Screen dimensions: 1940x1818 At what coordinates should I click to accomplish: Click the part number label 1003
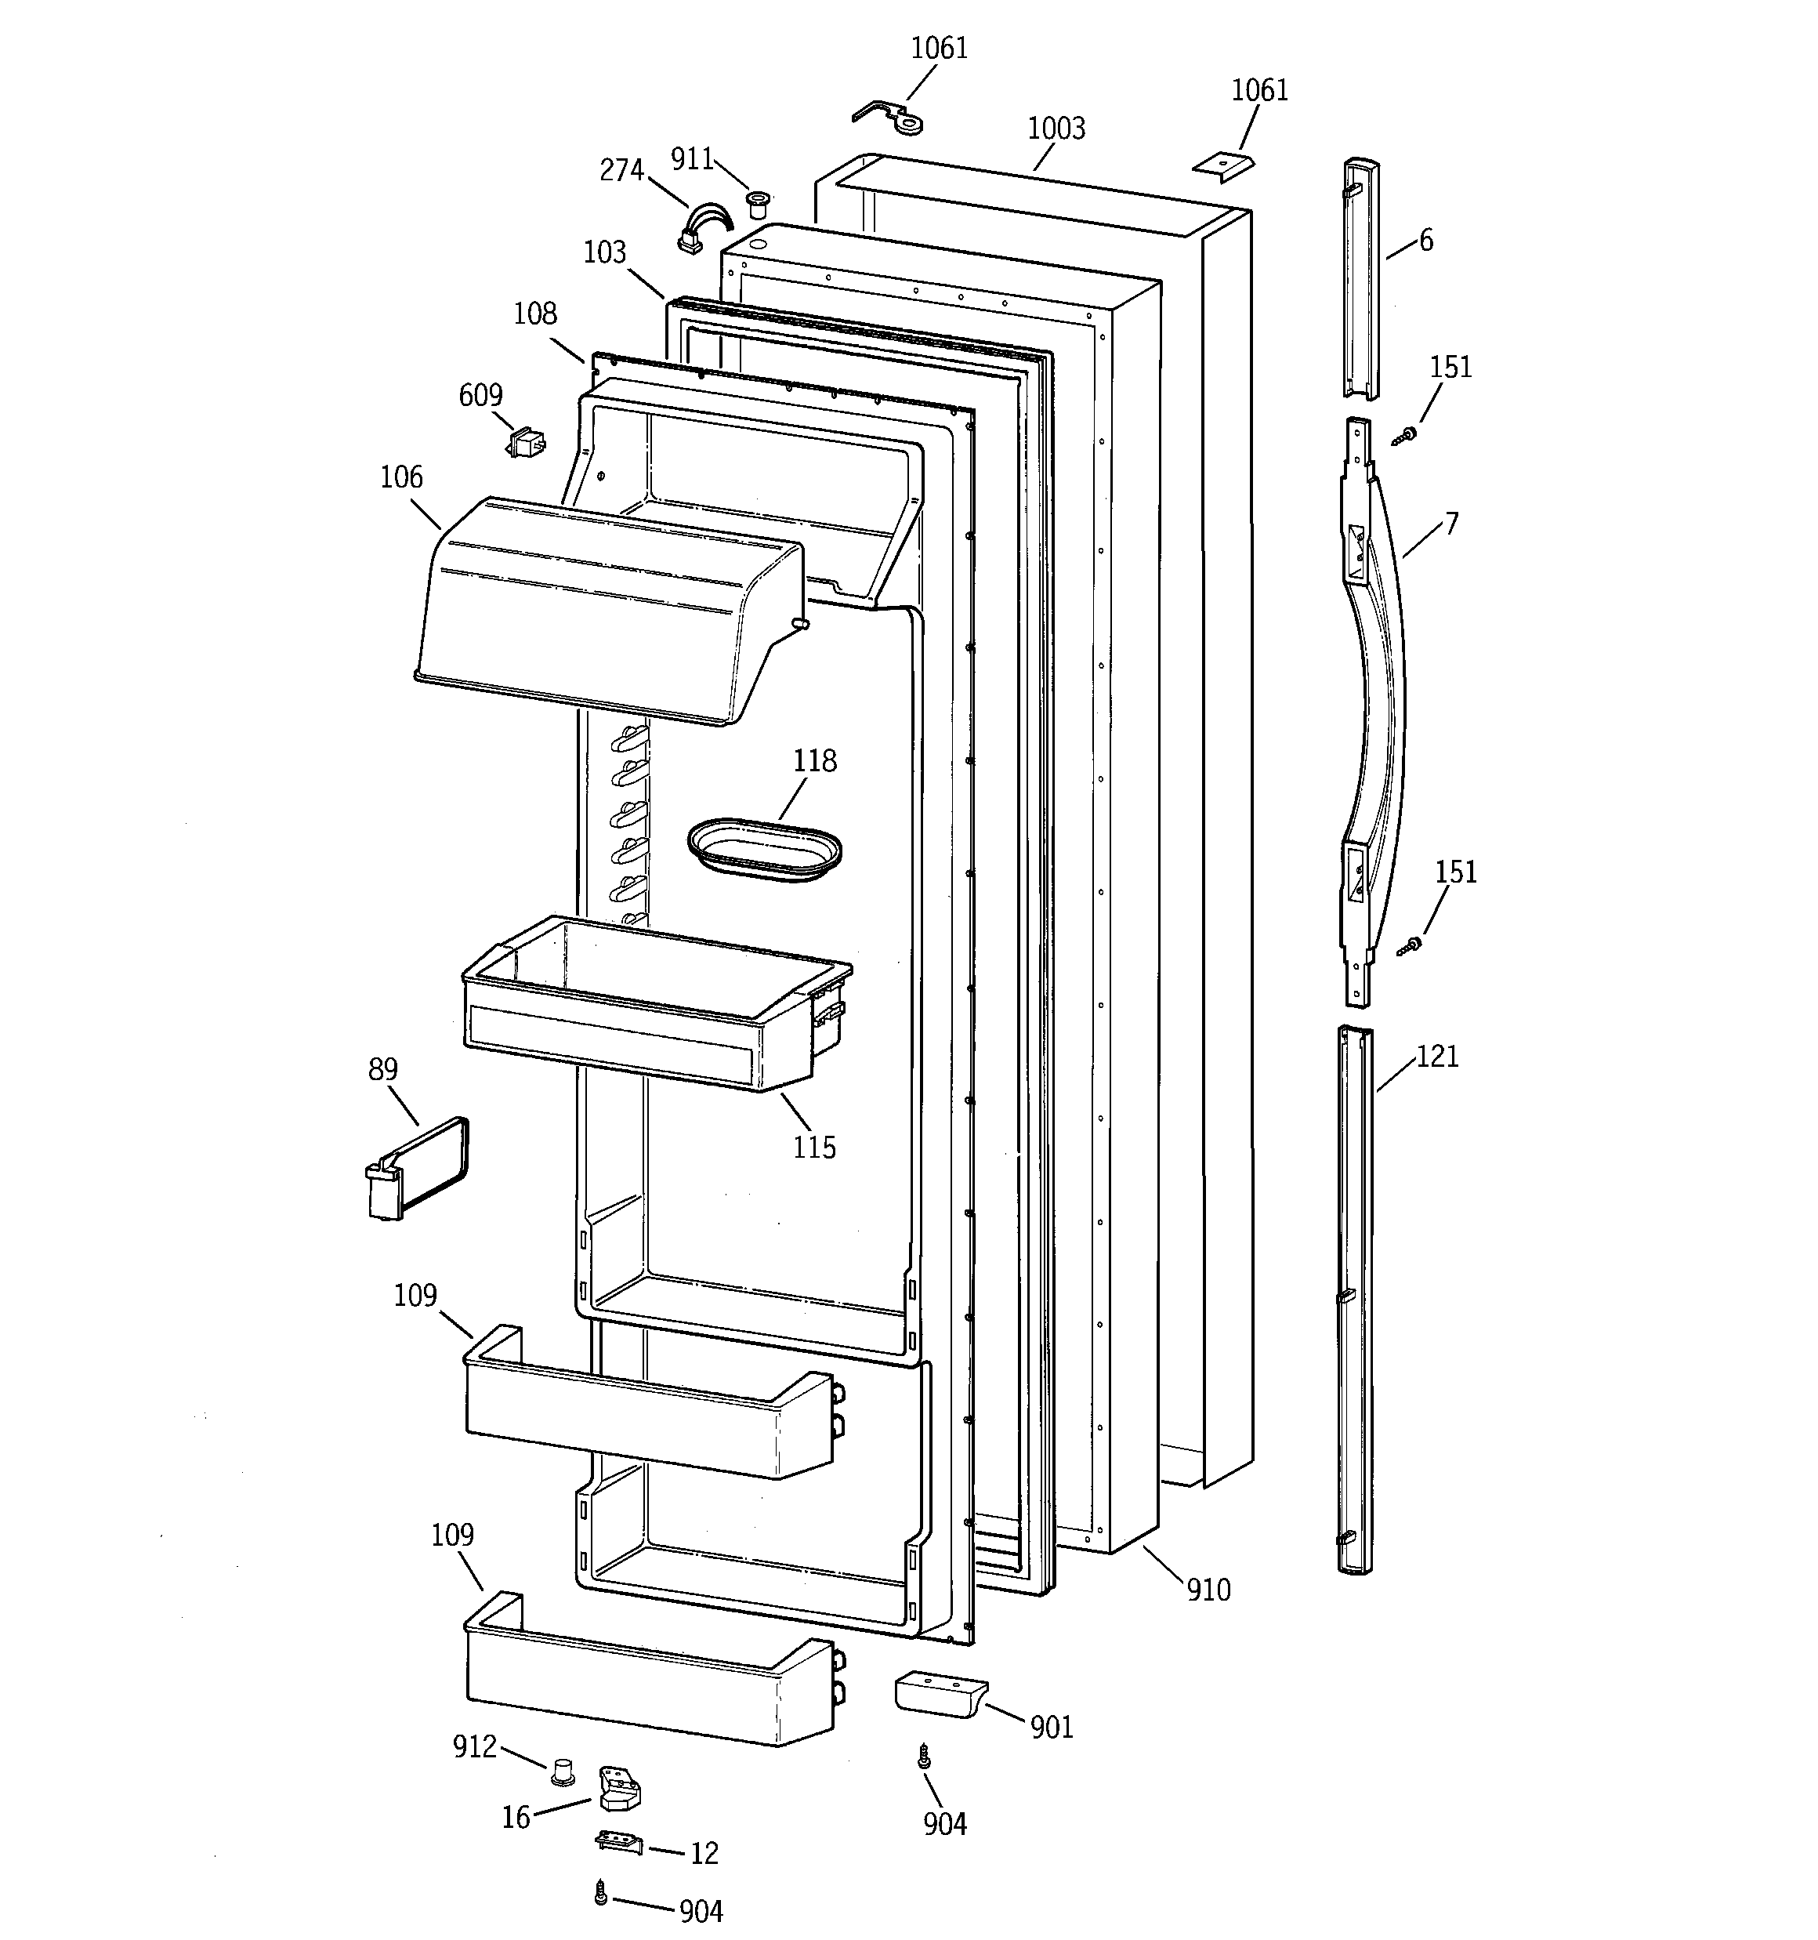pos(1056,129)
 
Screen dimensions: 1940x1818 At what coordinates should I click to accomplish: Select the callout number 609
pos(480,395)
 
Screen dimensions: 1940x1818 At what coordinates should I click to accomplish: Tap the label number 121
pos(1436,1057)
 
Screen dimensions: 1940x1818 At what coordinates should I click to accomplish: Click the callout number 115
pos(814,1148)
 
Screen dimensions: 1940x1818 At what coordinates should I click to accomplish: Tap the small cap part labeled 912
pos(561,1771)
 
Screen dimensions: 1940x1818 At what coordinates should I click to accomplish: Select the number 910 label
pos(1208,1590)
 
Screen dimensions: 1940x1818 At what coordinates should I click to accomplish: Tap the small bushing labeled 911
pos(756,204)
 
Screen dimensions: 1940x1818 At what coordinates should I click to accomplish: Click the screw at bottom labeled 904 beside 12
pos(601,1893)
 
